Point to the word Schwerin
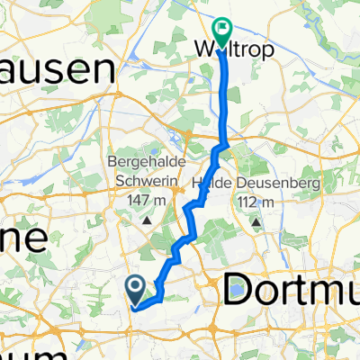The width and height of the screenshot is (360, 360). (146, 176)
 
